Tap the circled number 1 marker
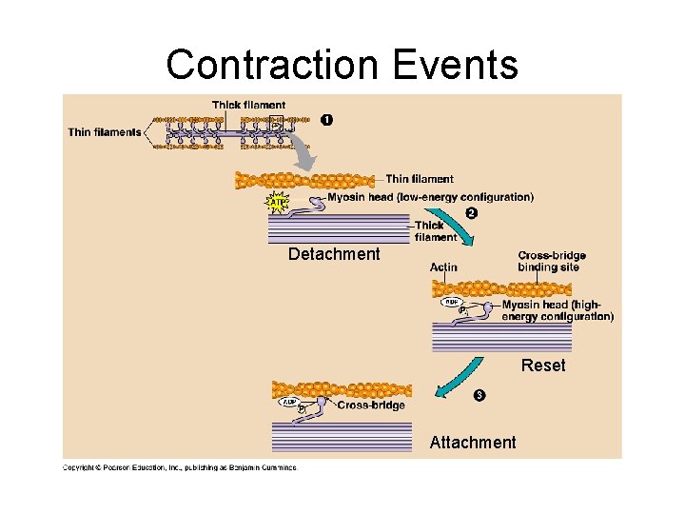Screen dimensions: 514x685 click(x=326, y=119)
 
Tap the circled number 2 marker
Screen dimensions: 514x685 click(x=471, y=212)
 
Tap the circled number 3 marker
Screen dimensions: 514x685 click(x=479, y=395)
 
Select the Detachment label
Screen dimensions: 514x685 click(x=334, y=254)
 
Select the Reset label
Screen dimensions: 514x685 click(x=543, y=366)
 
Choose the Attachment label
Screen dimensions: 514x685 click(x=473, y=442)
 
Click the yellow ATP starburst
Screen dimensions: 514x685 click(x=277, y=204)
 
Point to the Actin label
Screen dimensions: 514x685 click(x=443, y=267)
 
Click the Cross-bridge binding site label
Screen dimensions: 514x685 click(x=551, y=261)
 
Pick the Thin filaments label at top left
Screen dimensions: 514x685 click(x=105, y=132)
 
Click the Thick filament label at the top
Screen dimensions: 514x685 click(x=248, y=105)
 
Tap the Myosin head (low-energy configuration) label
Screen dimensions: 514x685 click(x=430, y=197)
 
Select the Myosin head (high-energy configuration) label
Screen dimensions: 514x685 click(x=558, y=310)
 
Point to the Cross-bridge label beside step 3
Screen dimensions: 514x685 click(x=371, y=405)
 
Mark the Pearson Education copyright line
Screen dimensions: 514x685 click(x=180, y=467)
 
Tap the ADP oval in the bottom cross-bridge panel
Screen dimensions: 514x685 click(x=288, y=402)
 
